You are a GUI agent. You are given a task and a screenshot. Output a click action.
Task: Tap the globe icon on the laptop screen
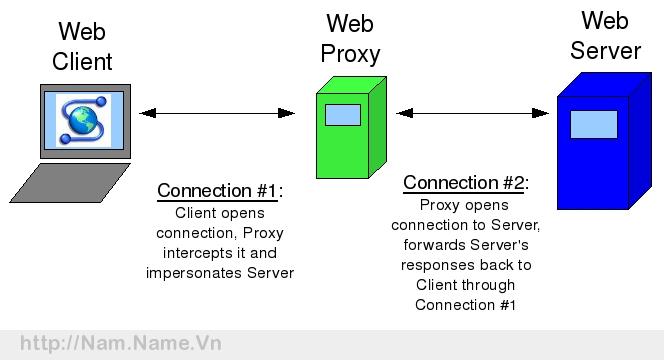pyautogui.click(x=83, y=119)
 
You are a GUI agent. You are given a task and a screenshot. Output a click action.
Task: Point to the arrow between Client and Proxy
pyautogui.click(x=217, y=114)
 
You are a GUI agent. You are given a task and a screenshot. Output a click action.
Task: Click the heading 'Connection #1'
pyautogui.click(x=218, y=191)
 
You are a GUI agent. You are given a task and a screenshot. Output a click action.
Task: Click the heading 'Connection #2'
pyautogui.click(x=464, y=183)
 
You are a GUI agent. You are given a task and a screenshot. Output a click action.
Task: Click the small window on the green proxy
pyautogui.click(x=343, y=114)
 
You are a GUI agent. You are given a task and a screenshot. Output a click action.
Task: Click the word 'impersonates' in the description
pyautogui.click(x=193, y=272)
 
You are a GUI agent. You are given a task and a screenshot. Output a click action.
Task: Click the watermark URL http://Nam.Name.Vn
pyautogui.click(x=121, y=344)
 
